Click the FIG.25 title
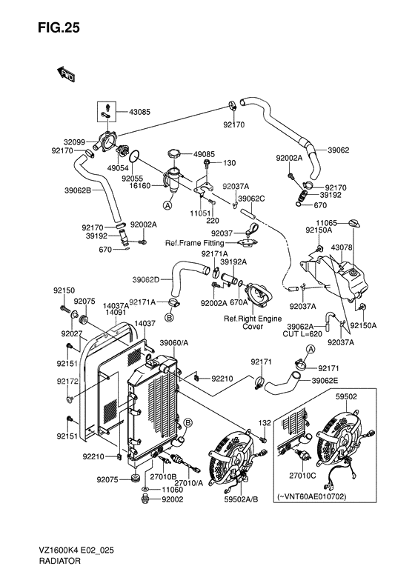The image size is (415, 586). coord(59,27)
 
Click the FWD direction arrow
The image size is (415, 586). coord(66,73)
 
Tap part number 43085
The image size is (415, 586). coord(139,112)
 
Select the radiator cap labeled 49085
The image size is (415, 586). coord(175,153)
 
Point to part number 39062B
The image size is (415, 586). coord(77,190)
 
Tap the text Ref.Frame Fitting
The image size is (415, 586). coord(194,243)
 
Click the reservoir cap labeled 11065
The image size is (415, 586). coord(354,223)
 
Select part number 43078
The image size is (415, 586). coord(342,247)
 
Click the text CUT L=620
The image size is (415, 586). coord(302,333)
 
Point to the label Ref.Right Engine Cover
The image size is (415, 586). coord(253,322)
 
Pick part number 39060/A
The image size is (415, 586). coord(174,343)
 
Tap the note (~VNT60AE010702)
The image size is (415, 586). coord(312,496)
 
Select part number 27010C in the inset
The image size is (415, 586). coord(302,476)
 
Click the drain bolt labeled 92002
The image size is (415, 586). coord(146,499)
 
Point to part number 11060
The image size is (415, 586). coord(173,490)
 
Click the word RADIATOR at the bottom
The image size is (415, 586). coord(59,561)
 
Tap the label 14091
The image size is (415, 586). coord(116,312)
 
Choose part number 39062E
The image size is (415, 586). coord(325,381)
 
